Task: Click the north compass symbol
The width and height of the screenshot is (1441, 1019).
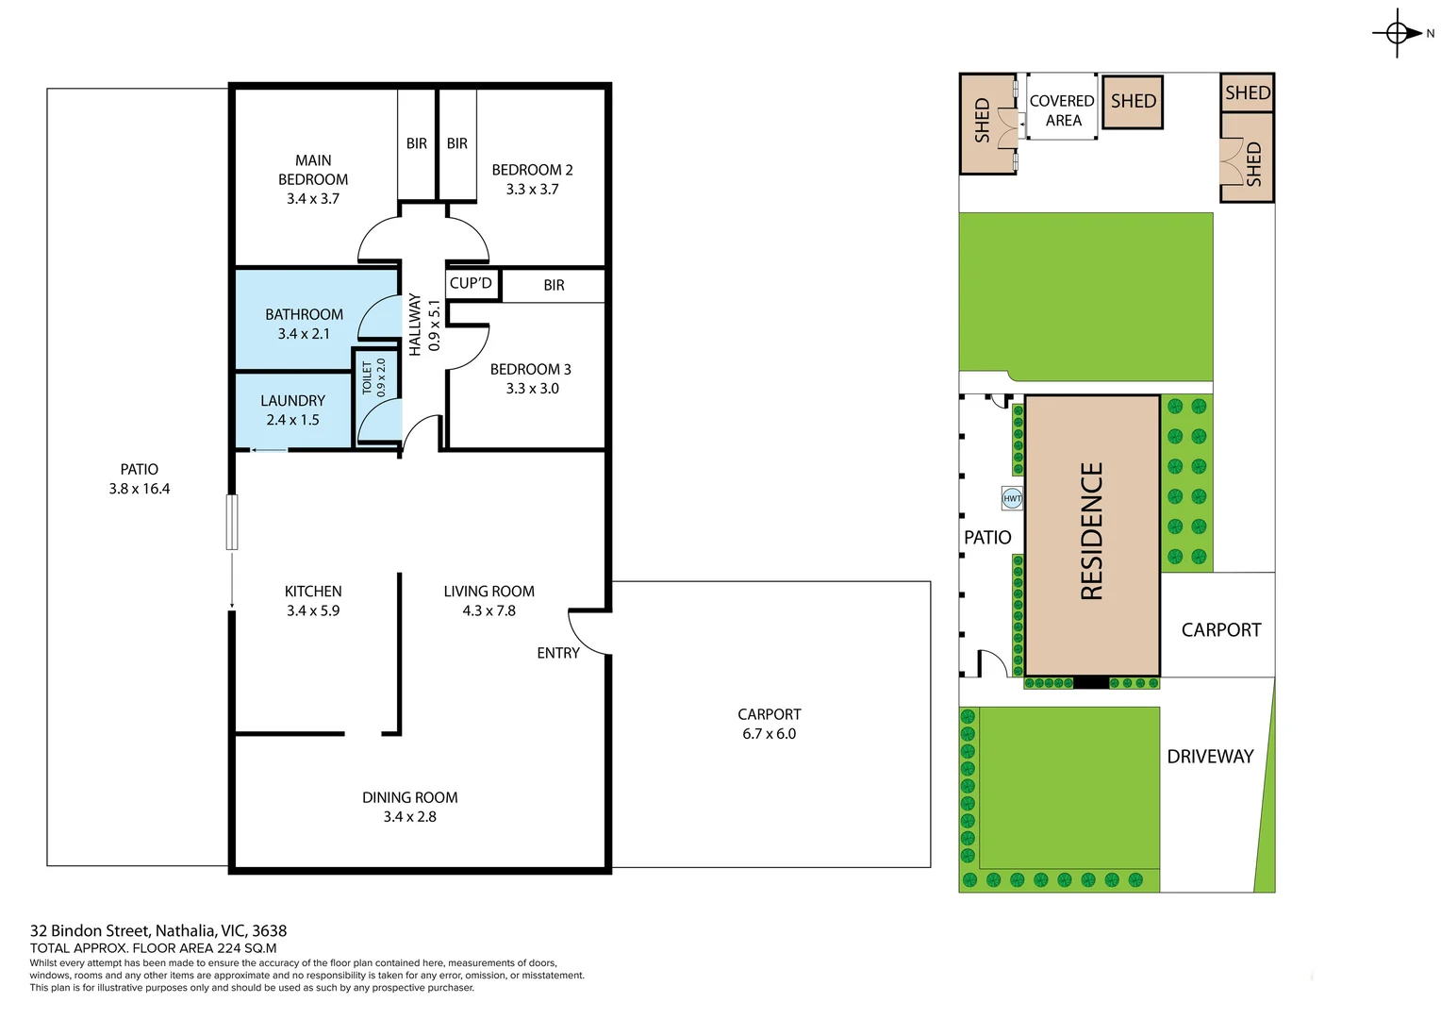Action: coord(1398,34)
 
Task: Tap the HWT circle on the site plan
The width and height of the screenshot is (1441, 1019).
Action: coord(1012,498)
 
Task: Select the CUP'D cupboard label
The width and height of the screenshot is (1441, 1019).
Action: coord(471,283)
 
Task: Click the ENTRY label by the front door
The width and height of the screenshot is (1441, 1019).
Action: coord(558,653)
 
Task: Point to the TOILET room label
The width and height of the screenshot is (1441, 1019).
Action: coord(367,376)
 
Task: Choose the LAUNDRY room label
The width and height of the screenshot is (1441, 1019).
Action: coord(292,401)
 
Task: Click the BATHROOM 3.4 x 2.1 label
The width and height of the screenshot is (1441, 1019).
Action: coord(304,324)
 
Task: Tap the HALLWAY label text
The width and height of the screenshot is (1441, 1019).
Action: coord(415,325)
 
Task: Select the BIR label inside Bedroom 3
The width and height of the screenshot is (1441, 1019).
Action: coord(554,285)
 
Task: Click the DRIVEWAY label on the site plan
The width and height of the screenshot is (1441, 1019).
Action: coord(1210,757)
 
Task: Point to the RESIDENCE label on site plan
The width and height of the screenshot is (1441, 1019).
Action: coord(1091,531)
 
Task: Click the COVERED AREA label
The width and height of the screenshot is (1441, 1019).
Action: coord(1062,110)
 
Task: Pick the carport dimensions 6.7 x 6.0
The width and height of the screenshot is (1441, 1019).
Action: coord(769,734)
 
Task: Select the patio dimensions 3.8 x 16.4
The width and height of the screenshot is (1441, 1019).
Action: coord(140,489)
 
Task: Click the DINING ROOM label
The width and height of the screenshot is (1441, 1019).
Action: coord(409,798)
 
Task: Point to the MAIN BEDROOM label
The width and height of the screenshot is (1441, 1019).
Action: coord(313,170)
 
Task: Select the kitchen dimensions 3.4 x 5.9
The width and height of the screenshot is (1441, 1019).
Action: coord(313,611)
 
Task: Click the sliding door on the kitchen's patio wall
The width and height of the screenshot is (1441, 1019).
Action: coord(232,522)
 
